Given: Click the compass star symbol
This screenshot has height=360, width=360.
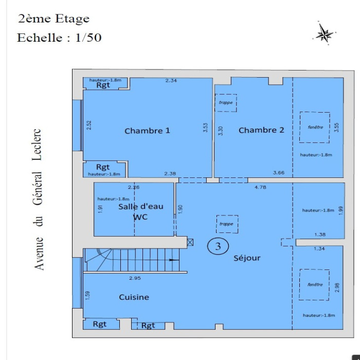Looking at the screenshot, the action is click(324, 34).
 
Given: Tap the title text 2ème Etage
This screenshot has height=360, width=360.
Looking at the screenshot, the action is click(53, 19).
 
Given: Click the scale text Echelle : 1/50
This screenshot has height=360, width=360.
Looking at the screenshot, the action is click(59, 38).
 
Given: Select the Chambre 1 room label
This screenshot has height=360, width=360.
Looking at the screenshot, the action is click(147, 131).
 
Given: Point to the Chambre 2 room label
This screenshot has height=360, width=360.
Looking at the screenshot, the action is click(261, 130).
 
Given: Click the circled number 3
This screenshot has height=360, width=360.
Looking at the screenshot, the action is click(218, 246).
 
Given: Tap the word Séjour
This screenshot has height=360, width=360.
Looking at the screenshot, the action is click(247, 258).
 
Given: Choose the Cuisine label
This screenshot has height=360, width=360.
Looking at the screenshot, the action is click(134, 297).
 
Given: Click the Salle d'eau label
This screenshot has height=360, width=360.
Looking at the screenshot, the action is click(141, 207).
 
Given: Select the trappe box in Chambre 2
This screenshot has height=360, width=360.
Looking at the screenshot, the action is click(226, 103).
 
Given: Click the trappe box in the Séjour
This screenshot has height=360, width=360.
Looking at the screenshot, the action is click(227, 224).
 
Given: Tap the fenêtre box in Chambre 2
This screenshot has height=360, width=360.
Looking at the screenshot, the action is click(315, 127).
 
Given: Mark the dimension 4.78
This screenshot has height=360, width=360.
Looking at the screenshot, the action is click(260, 187).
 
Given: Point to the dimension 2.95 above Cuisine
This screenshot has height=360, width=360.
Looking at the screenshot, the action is click(135, 278).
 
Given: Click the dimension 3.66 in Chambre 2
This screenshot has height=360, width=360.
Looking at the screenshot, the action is click(279, 173).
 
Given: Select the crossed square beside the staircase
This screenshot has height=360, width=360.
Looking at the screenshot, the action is click(190, 242).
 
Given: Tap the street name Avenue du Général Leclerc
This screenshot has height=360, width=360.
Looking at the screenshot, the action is click(38, 200).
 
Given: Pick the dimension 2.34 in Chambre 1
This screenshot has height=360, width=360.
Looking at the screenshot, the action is click(171, 80).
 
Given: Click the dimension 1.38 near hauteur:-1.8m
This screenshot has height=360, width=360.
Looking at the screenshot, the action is click(320, 235).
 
